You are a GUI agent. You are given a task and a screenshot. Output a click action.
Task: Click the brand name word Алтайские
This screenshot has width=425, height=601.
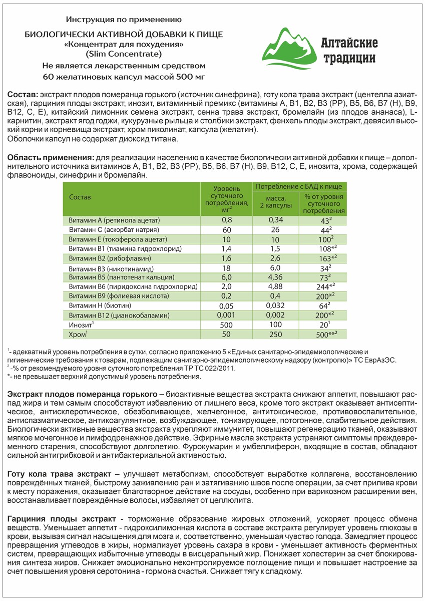(x=350, y=43)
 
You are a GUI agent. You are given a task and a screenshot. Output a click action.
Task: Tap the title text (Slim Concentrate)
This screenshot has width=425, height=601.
(x=124, y=54)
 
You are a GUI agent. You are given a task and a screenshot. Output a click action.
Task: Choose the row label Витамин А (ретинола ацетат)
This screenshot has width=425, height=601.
(x=114, y=220)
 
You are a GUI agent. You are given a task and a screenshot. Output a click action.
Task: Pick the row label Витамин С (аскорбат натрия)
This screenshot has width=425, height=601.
(x=114, y=230)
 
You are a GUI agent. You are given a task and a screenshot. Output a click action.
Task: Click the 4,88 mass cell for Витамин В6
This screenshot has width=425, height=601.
(x=276, y=286)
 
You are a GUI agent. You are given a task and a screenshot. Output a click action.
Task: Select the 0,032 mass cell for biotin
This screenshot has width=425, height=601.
(x=276, y=306)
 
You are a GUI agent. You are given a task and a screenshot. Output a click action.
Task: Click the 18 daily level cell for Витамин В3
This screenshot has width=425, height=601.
(x=226, y=268)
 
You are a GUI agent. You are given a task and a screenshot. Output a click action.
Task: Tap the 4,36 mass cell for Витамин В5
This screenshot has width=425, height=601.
(x=276, y=277)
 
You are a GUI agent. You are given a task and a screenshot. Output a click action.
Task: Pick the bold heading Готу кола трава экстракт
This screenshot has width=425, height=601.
(x=60, y=473)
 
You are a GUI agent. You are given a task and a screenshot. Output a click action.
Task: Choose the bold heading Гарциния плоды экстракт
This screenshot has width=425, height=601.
(x=62, y=516)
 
